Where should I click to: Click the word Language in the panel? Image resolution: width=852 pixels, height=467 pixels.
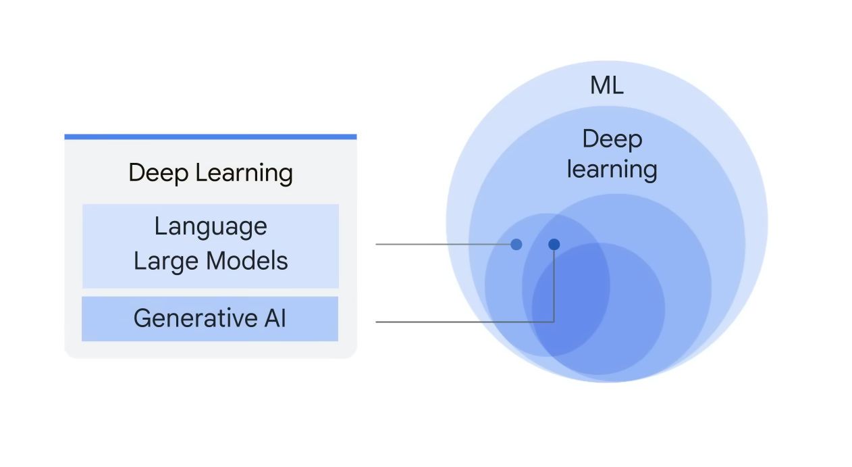pos(211,227)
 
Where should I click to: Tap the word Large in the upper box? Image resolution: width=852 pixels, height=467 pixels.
pos(163,261)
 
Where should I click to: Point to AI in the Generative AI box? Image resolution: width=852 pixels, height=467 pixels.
pos(275,318)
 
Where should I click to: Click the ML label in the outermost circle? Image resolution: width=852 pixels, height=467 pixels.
pos(606,85)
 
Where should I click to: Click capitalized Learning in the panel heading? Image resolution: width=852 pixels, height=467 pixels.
pos(243,174)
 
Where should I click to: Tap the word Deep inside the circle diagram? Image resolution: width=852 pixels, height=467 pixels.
pos(612,139)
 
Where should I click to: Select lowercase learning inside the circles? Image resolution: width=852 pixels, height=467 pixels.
pos(612,169)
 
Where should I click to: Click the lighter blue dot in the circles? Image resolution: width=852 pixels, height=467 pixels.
pos(516,244)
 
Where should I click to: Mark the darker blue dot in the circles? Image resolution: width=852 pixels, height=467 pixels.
pos(554,244)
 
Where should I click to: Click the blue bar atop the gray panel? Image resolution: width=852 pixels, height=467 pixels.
pos(211,137)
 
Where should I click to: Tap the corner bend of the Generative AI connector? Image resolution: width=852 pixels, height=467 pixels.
pos(554,322)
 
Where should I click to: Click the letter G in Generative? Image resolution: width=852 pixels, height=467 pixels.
pos(141,318)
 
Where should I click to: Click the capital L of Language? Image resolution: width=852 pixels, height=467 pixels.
pos(159,226)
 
